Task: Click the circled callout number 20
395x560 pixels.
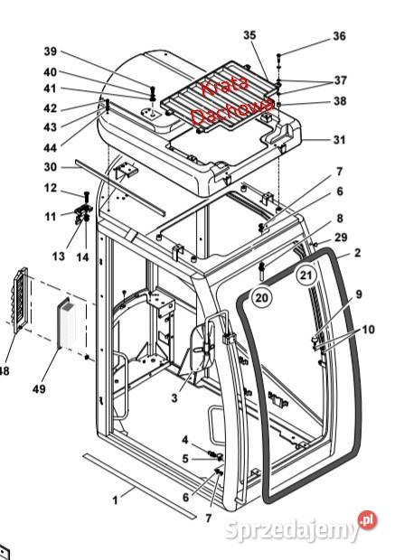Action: tap(261, 297)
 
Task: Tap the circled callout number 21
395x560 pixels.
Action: tap(306, 275)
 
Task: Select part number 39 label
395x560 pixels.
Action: tap(51, 51)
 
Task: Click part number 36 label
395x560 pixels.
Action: tap(339, 36)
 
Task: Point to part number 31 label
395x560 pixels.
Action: tap(339, 140)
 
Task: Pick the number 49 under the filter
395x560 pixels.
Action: tap(39, 388)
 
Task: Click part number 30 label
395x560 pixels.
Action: tap(51, 167)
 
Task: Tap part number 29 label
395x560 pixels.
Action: tap(341, 238)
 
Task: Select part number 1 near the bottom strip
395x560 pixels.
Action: tap(115, 500)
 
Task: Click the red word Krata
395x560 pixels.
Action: tap(224, 87)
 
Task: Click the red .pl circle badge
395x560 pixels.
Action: tap(368, 520)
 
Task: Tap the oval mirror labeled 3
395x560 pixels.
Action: tap(202, 348)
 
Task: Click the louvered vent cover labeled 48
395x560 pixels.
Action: tap(20, 300)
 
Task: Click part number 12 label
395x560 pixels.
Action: tap(51, 188)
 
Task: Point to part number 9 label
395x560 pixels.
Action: tap(359, 294)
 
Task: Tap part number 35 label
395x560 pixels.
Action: tap(249, 35)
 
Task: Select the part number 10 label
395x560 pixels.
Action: tap(368, 330)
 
